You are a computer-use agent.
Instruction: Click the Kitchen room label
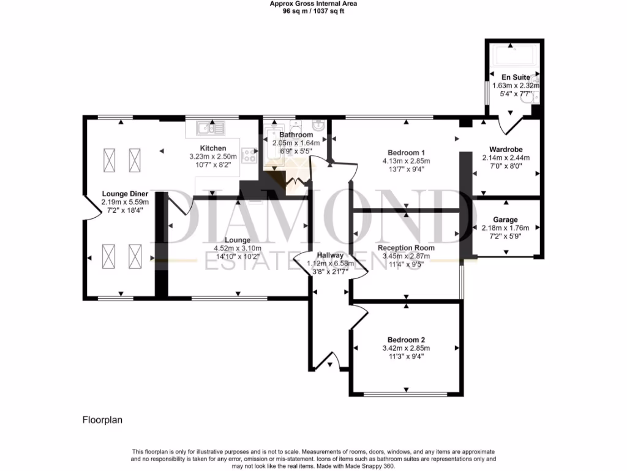[212, 148]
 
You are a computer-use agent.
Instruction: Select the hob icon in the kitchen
[250, 156]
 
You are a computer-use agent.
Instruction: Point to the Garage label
[505, 220]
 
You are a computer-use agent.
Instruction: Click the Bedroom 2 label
[406, 340]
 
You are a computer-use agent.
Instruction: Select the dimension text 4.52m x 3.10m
[237, 248]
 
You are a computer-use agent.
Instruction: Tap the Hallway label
[330, 256]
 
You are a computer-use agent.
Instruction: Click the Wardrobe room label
[505, 149]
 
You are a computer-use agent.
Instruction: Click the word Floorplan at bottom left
[103, 421]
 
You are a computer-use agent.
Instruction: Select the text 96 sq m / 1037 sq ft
[313, 10]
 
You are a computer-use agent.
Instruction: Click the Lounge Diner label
[125, 194]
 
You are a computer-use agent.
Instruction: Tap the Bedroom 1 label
[406, 153]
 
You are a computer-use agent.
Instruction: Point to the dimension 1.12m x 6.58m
[330, 264]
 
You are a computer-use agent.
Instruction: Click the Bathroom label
[296, 134]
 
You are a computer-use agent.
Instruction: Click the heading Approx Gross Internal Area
[313, 3]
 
